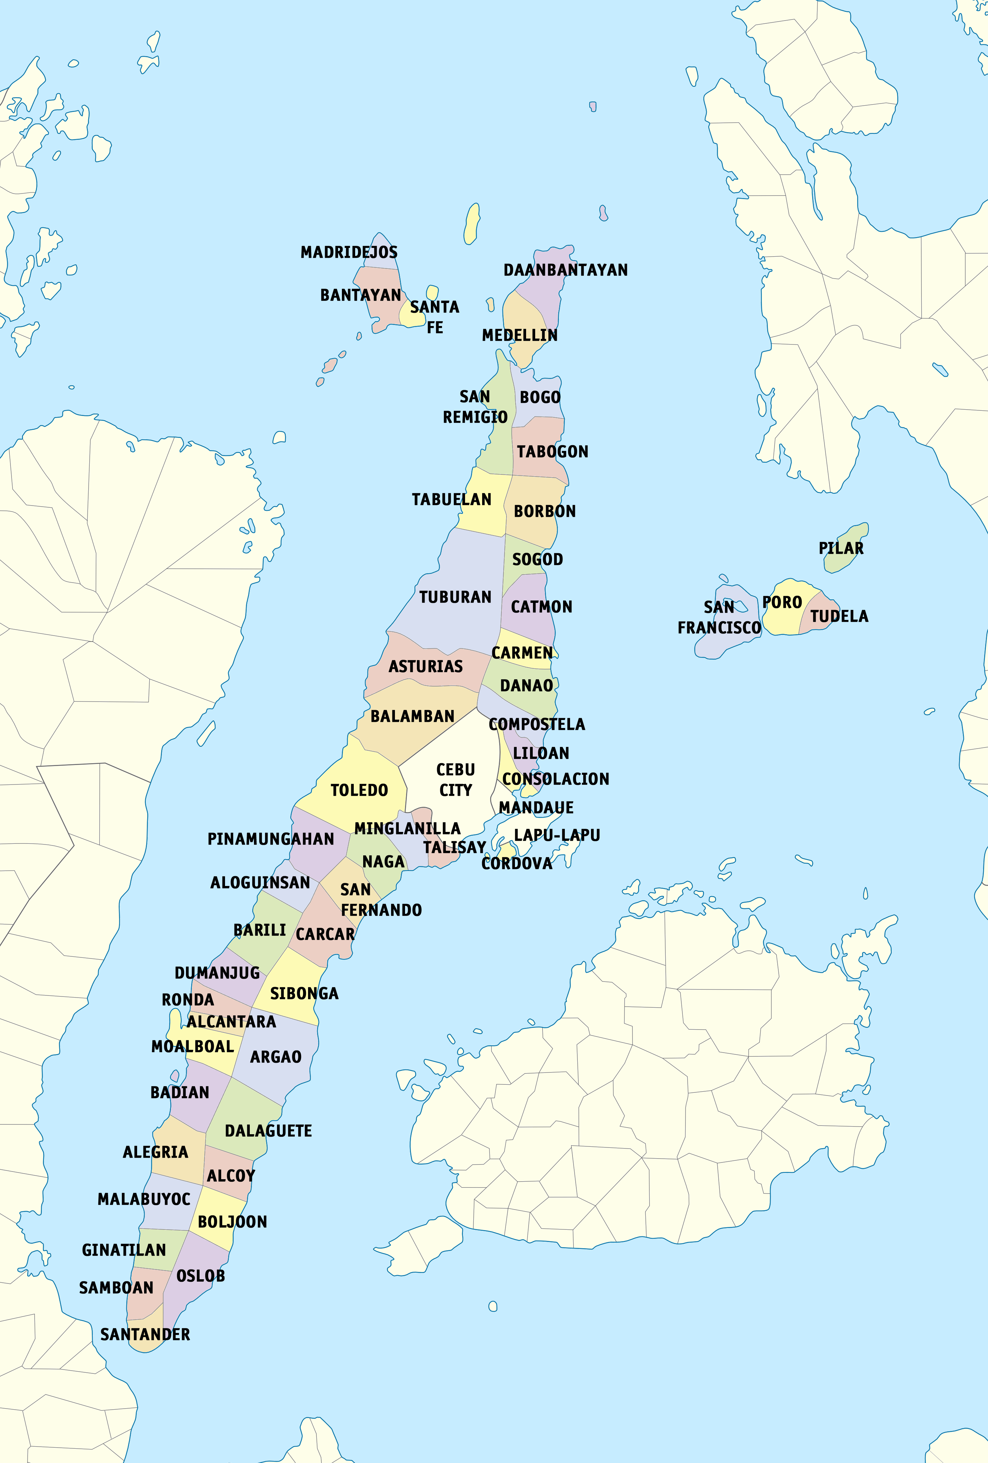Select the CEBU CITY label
(455, 780)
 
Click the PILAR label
(841, 548)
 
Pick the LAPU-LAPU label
(557, 835)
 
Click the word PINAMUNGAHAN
(271, 839)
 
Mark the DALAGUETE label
(268, 1131)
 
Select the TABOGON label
(552, 452)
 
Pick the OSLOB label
(200, 1276)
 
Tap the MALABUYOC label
(144, 1199)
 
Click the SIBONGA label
(304, 994)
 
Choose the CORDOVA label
(516, 864)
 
